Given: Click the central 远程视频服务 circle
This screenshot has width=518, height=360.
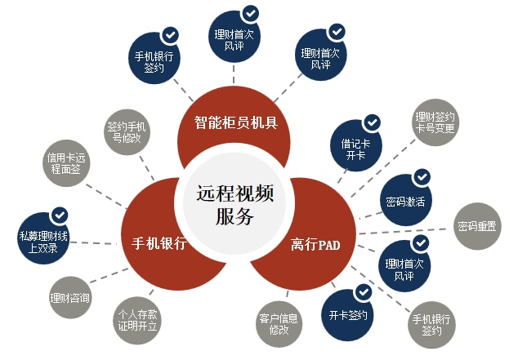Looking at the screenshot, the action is click(234, 203).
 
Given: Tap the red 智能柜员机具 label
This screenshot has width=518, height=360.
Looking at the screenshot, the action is click(236, 122).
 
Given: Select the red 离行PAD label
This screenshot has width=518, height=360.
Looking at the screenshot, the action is click(315, 245).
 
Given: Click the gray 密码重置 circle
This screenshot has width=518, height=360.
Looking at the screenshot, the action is click(477, 226).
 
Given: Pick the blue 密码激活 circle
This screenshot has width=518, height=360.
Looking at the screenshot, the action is click(406, 200).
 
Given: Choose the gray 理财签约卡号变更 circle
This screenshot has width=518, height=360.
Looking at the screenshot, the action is click(435, 122).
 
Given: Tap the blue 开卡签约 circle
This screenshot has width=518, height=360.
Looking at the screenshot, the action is click(347, 315).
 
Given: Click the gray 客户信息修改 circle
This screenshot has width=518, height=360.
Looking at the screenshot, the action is click(279, 324).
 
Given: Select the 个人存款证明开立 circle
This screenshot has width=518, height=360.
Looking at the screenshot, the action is click(137, 320).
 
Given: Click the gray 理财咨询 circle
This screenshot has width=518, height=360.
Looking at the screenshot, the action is click(69, 298).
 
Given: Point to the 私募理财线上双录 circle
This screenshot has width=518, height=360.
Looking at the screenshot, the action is click(43, 238).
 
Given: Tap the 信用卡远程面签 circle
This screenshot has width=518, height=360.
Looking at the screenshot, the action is click(66, 163).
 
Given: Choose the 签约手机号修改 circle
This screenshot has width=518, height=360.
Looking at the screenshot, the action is click(127, 132).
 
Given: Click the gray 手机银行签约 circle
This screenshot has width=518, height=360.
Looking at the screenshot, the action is click(431, 325).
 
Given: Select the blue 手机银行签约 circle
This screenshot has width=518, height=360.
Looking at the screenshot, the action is click(154, 58).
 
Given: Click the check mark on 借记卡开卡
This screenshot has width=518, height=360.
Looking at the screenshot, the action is click(372, 122).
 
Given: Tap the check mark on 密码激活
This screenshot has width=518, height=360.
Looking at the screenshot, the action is click(422, 177).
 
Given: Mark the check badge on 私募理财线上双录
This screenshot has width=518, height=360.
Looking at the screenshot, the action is click(60, 216).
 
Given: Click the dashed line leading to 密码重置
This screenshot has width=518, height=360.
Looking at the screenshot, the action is click(402, 231).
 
